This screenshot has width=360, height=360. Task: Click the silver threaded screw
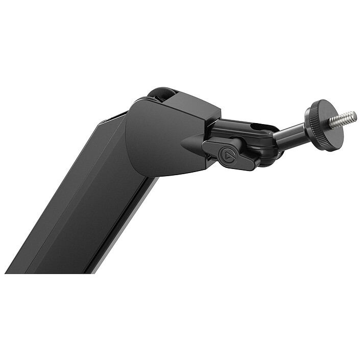341,119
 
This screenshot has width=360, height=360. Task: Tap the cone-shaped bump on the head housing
193,143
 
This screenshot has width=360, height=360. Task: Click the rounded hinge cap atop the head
162,93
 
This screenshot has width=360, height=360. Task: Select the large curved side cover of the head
153,140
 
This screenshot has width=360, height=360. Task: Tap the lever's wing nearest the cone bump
209,148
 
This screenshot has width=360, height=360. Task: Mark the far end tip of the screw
353,114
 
